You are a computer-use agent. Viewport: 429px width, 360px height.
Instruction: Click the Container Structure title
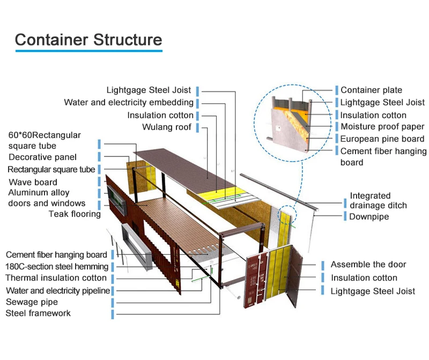(x=88, y=39)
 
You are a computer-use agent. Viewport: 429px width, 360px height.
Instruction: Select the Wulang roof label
(x=166, y=127)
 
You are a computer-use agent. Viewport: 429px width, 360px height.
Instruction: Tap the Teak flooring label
(x=75, y=214)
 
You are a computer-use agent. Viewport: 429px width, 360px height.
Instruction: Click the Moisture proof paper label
(x=382, y=127)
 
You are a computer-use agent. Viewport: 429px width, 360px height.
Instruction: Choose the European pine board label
(x=382, y=139)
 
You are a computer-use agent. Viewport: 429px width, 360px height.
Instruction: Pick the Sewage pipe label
(x=32, y=302)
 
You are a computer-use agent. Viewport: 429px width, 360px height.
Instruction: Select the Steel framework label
(x=38, y=313)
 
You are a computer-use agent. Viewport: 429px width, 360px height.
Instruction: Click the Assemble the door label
(x=368, y=265)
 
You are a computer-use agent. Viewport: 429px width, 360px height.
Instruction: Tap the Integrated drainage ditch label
(x=378, y=200)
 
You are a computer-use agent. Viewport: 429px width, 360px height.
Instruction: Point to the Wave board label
(x=33, y=182)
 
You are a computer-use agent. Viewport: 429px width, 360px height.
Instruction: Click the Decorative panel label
(x=42, y=157)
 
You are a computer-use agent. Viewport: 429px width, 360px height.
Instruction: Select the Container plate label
(x=371, y=90)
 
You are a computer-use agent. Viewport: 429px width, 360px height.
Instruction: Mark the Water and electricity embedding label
(x=129, y=102)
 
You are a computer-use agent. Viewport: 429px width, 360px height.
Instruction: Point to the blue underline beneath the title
(x=88, y=52)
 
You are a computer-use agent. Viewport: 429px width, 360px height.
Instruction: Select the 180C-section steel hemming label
(x=57, y=267)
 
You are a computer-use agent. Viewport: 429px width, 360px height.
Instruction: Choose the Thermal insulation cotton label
(x=56, y=278)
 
